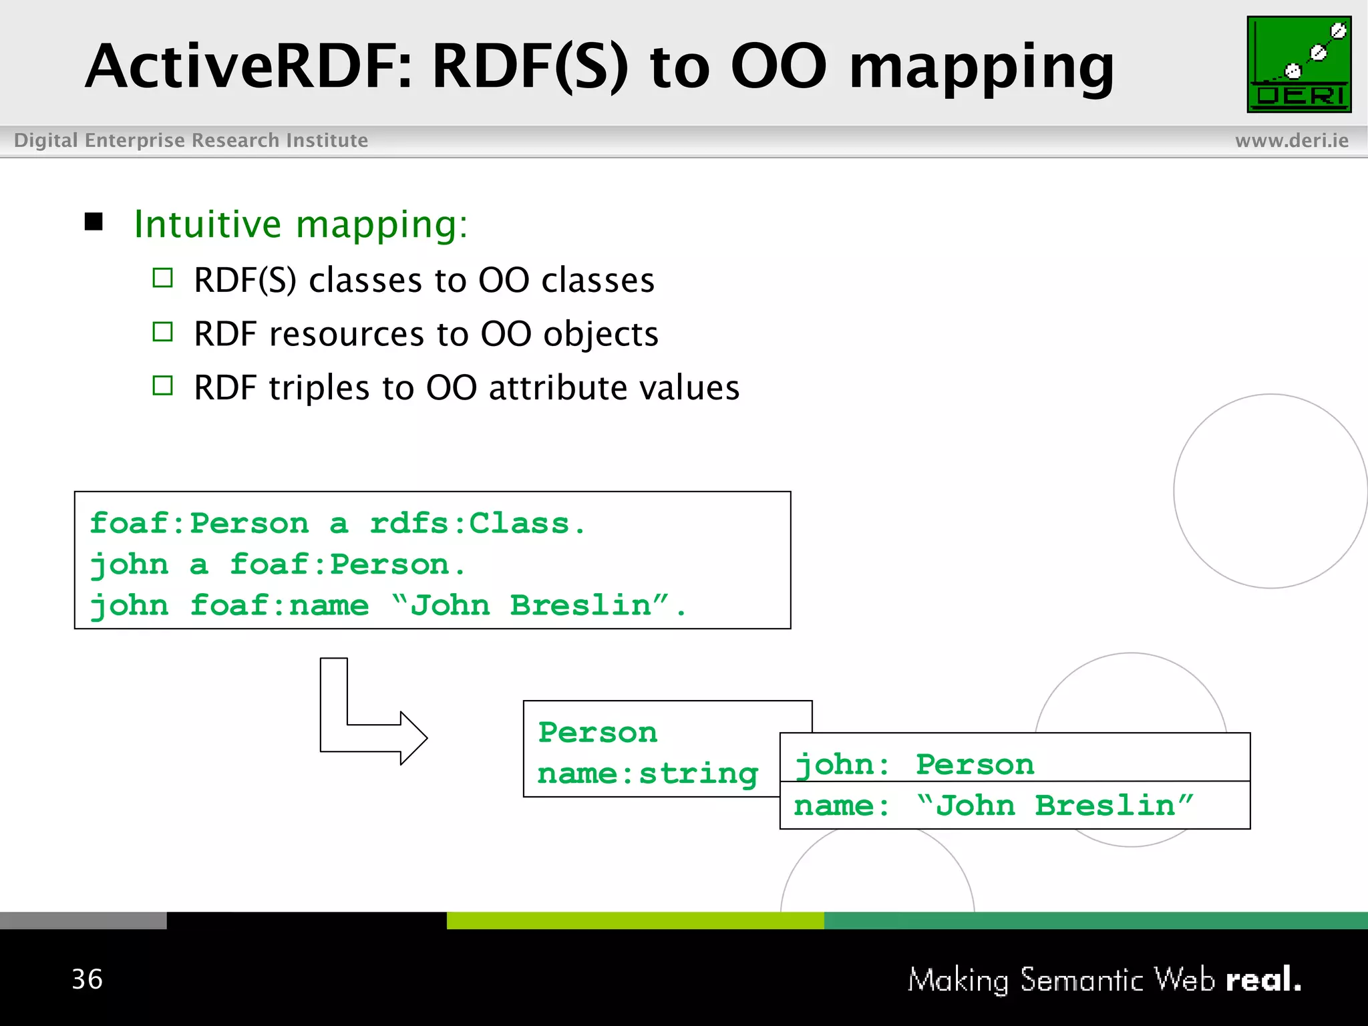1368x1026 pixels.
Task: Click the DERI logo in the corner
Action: (1299, 64)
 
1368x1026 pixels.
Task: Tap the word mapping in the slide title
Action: (981, 68)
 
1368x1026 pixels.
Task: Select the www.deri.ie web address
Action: (1291, 140)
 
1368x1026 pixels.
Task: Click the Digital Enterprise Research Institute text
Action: (191, 140)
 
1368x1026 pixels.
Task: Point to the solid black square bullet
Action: (94, 222)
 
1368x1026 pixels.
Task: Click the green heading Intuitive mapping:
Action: (301, 224)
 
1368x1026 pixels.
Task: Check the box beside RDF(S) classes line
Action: (162, 278)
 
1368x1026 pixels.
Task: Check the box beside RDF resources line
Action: (162, 332)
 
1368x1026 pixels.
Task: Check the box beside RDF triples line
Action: (162, 386)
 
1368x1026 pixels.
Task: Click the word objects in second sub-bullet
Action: (601, 334)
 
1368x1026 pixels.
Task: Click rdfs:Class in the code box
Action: (477, 523)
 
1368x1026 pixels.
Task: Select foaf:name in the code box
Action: (279, 605)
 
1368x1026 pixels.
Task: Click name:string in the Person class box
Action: (647, 774)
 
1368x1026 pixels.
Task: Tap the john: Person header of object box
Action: (914, 764)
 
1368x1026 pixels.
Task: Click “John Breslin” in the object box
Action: (1055, 806)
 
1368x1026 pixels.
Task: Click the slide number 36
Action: (88, 979)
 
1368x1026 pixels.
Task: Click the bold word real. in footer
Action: (1263, 979)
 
